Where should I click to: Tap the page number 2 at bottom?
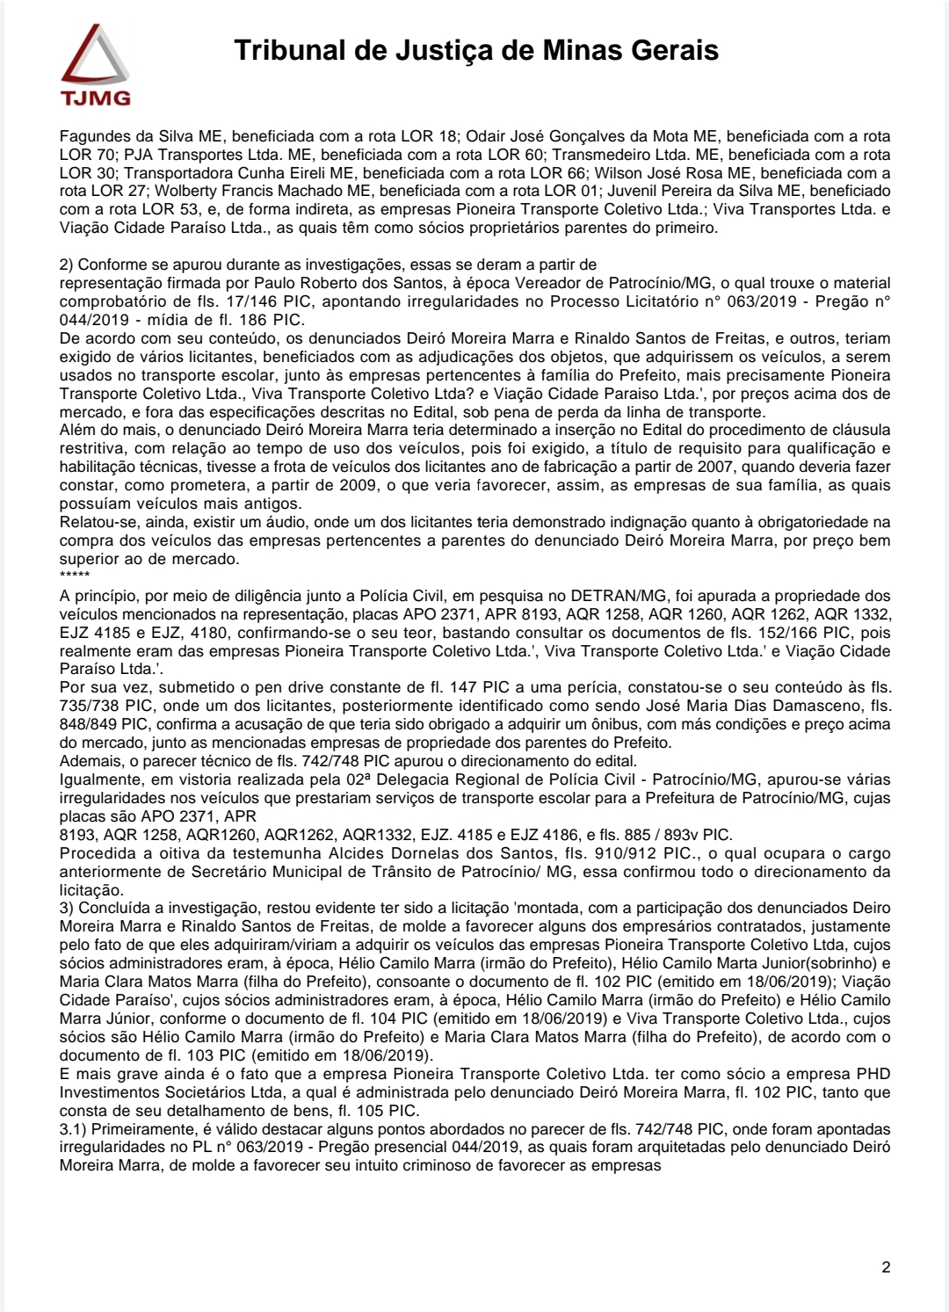point(886,1267)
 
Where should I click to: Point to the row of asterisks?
point(75,576)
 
